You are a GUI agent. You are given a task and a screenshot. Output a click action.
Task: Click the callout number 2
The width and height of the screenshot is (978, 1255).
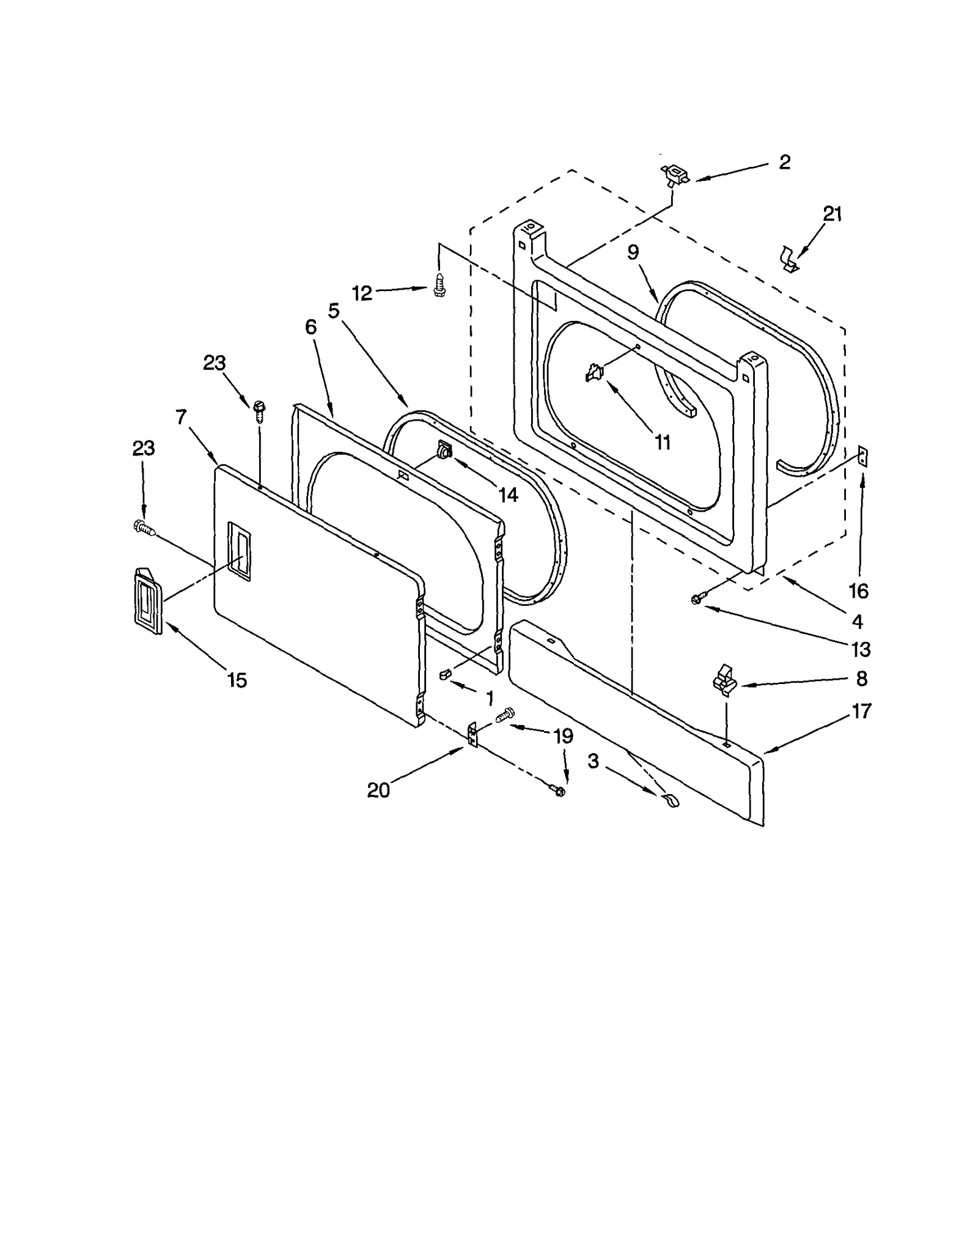[x=785, y=162]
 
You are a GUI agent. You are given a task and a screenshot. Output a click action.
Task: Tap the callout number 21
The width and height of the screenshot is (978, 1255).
[x=833, y=214]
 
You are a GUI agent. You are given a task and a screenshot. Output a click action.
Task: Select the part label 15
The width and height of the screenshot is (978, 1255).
[x=237, y=680]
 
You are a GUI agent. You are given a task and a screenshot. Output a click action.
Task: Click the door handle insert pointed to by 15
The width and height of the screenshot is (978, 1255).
[x=147, y=601]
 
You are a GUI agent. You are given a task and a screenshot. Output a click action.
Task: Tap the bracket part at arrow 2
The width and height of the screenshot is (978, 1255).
[x=674, y=176]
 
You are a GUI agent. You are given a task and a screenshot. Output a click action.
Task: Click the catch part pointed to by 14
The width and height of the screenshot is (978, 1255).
[x=444, y=451]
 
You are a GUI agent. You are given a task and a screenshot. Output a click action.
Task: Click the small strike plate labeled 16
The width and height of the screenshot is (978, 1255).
[x=862, y=456]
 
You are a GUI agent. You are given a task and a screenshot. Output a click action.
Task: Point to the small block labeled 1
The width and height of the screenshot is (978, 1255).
[x=445, y=673]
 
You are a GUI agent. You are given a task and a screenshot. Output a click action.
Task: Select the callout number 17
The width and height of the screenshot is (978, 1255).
[x=861, y=712]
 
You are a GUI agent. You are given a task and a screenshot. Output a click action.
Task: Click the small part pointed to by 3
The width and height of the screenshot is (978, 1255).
[x=671, y=800]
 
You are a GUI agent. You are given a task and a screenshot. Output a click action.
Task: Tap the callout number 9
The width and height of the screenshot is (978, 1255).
[x=633, y=252]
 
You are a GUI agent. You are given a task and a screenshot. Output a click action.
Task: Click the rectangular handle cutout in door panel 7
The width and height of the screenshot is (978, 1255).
[x=238, y=551]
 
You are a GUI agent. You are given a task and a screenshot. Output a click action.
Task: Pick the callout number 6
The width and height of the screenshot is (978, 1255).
[x=311, y=328]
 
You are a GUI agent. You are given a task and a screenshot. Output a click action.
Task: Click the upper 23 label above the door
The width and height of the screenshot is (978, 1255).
[x=214, y=363]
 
